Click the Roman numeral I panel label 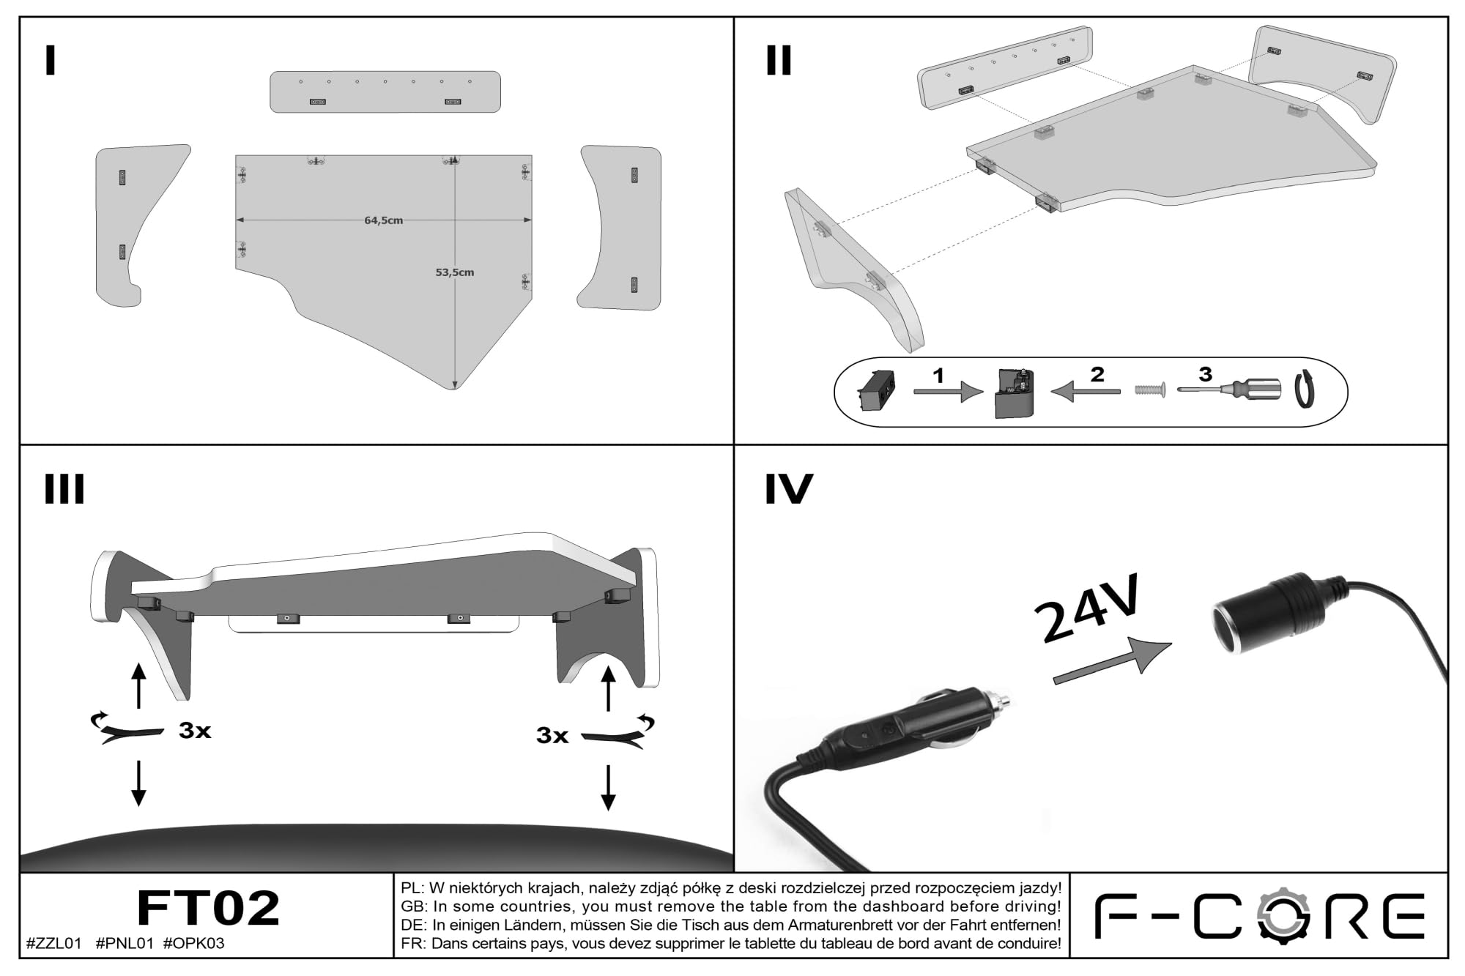(x=50, y=61)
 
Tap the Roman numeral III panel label (x=64, y=489)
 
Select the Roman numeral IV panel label (x=789, y=489)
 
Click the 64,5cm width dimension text (x=384, y=220)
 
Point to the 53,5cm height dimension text (x=455, y=272)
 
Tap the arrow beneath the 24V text (x=1113, y=660)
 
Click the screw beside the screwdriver (x=1149, y=390)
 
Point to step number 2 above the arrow (x=1097, y=374)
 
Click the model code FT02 (x=208, y=908)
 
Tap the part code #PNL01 (x=125, y=944)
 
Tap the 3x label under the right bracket (x=552, y=735)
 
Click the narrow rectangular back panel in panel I (x=385, y=92)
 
